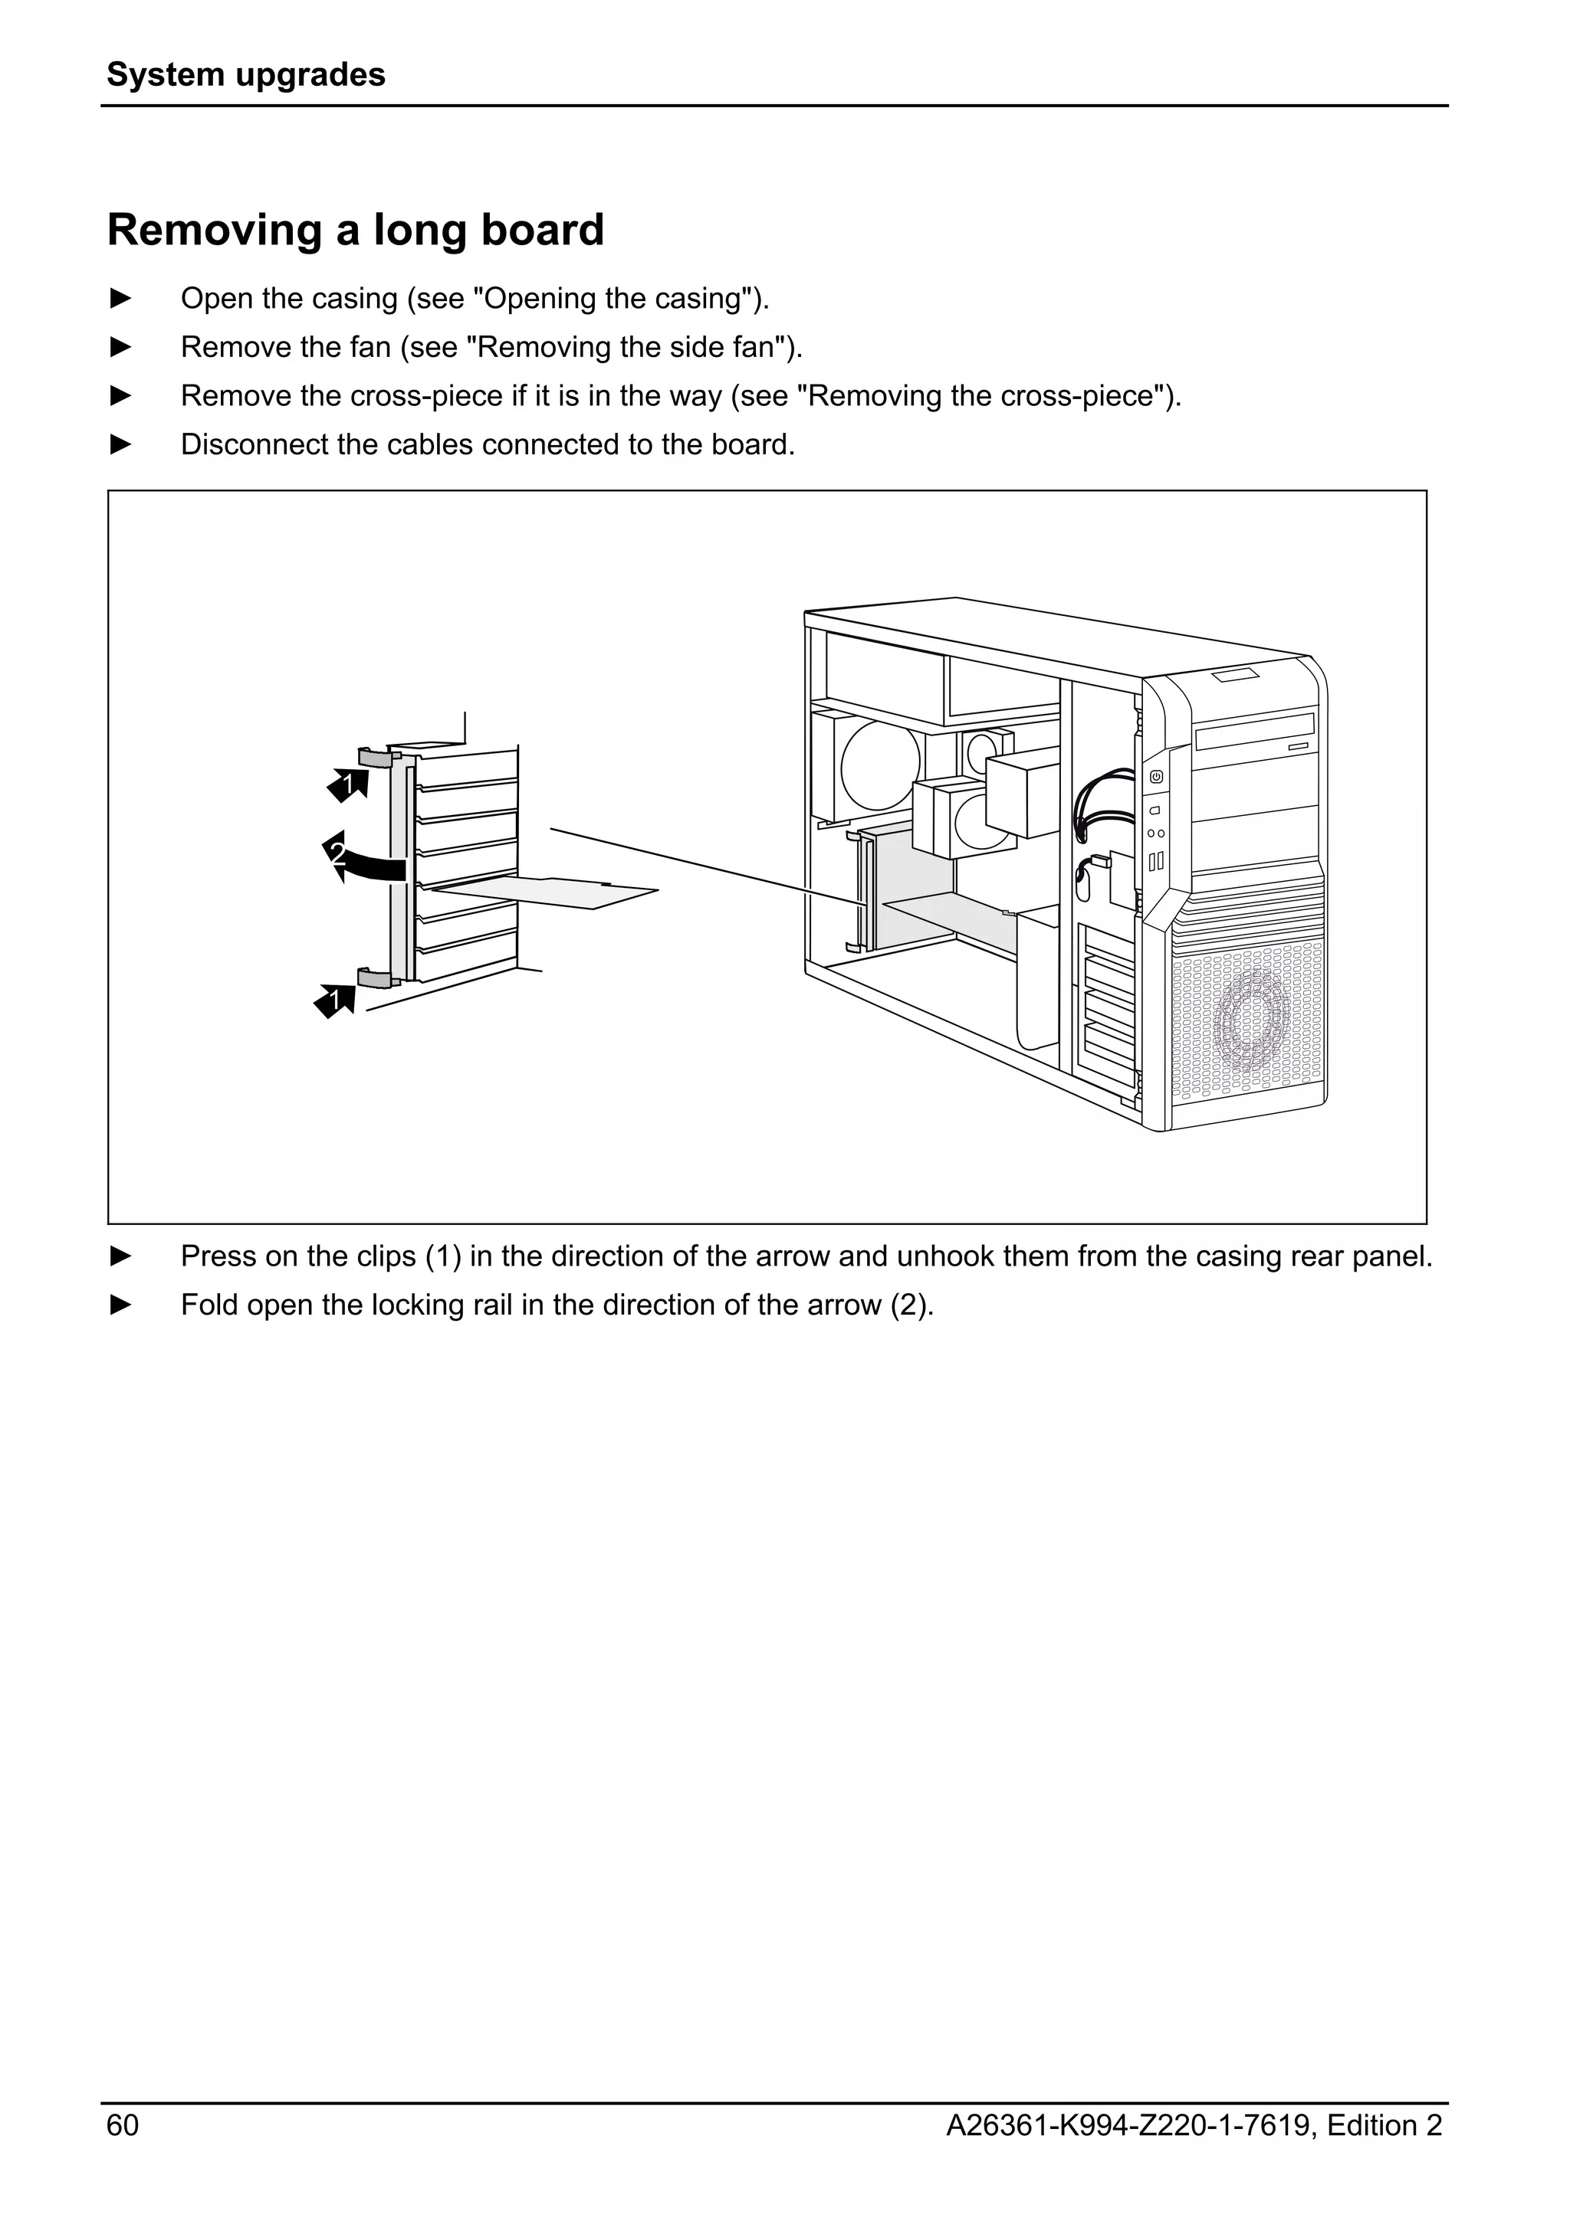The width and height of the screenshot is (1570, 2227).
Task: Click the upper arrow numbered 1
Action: point(350,784)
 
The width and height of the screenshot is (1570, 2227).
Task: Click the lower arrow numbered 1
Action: point(336,999)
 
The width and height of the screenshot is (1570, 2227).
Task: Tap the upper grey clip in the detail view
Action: point(373,755)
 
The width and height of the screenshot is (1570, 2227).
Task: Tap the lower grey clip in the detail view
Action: point(373,977)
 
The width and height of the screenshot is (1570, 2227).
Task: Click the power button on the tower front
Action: point(1157,776)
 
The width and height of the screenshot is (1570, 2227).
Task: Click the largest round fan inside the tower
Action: point(880,766)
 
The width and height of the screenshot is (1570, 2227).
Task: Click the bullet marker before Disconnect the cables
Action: point(120,445)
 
